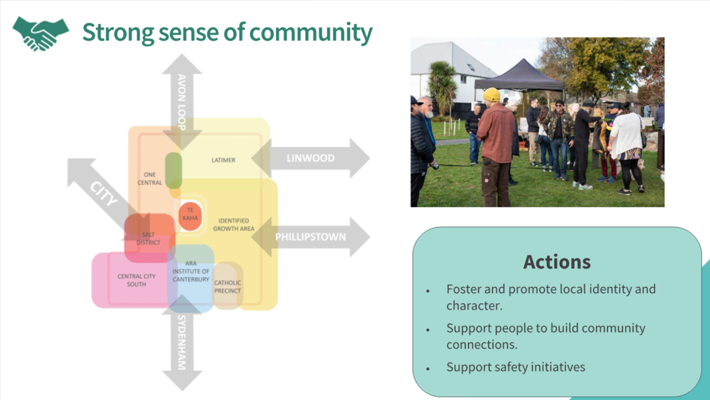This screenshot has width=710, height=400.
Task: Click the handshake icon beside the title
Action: (41, 33)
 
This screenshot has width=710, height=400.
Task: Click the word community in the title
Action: (311, 32)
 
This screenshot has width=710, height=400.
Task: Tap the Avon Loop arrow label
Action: (182, 102)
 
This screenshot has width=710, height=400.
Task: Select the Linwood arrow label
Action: (310, 158)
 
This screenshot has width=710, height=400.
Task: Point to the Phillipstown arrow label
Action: (310, 237)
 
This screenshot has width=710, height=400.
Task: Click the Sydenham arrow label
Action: (182, 342)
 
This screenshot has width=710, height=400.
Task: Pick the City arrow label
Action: (103, 193)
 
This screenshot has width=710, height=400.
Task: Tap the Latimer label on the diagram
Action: (223, 160)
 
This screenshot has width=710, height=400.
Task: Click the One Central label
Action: (150, 178)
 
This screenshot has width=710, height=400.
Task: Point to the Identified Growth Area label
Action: (233, 225)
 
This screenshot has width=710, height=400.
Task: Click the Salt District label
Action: (149, 238)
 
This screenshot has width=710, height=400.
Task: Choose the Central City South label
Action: (136, 280)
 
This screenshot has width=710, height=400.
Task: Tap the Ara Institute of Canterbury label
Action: (190, 271)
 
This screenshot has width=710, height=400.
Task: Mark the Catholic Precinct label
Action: (227, 287)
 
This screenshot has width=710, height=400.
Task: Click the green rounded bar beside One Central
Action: (173, 170)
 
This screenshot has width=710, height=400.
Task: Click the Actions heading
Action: (557, 262)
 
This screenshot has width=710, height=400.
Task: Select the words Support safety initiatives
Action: (516, 367)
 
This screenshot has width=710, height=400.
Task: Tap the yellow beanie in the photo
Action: (492, 94)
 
